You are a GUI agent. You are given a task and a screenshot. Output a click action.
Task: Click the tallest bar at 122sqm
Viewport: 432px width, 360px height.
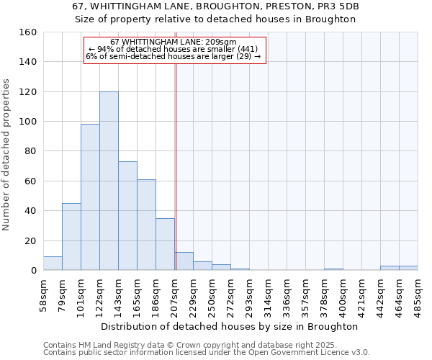(x=109, y=181)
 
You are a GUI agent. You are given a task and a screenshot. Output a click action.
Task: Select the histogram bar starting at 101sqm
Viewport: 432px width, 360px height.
(x=90, y=197)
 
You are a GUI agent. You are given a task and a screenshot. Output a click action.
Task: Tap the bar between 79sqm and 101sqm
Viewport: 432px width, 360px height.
(x=71, y=237)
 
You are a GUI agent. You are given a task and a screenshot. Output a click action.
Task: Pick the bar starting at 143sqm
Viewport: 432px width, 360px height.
(x=127, y=216)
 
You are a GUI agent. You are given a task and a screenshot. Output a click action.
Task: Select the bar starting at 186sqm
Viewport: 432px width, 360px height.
(x=165, y=244)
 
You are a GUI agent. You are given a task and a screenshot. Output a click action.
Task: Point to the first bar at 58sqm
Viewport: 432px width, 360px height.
(x=53, y=264)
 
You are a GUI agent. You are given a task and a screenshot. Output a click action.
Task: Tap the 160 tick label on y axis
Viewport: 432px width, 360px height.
(x=27, y=32)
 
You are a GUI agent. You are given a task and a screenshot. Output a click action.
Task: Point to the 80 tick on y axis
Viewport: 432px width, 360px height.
(x=30, y=151)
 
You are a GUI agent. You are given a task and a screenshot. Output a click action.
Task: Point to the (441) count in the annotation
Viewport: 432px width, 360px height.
(x=247, y=49)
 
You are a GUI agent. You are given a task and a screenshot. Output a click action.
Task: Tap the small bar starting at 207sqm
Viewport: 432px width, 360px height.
(x=184, y=261)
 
